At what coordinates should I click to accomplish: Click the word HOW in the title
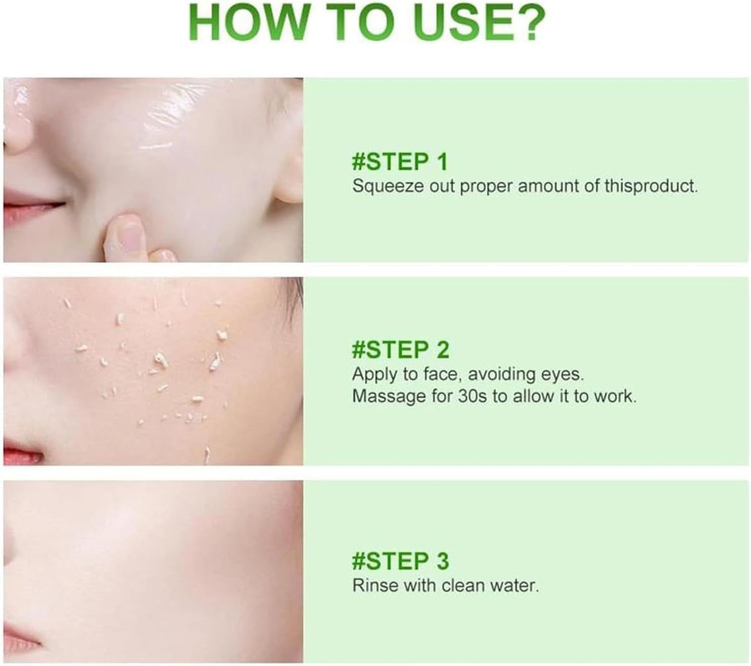[x=247, y=23]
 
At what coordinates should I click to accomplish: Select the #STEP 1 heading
[x=400, y=162]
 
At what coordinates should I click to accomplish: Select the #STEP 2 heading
[x=400, y=350]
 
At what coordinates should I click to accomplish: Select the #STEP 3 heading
[x=400, y=561]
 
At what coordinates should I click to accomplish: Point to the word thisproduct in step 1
[x=651, y=185]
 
